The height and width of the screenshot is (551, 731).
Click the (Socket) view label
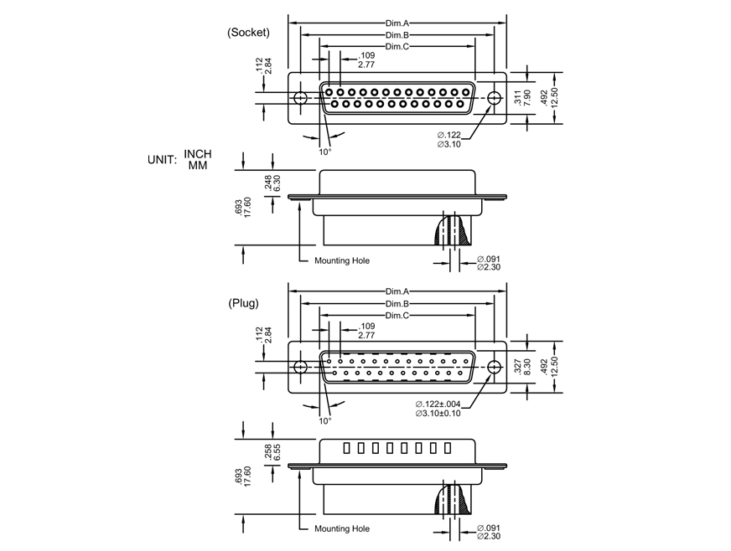(248, 33)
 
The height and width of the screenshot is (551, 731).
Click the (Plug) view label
(243, 303)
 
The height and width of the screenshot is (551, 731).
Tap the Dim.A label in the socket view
(397, 24)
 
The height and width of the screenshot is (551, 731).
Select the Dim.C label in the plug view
(397, 316)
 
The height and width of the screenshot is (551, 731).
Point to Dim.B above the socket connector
(397, 35)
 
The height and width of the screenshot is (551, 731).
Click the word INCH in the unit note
(198, 154)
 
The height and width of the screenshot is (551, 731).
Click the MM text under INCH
(198, 166)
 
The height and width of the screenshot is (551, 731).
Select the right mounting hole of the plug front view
(494, 367)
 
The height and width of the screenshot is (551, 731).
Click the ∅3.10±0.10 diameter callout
(438, 414)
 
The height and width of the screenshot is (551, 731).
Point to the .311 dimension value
(518, 97)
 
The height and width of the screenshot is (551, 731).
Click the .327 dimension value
(518, 366)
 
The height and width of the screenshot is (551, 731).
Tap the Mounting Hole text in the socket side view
(342, 260)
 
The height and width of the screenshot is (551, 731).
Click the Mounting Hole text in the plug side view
(342, 528)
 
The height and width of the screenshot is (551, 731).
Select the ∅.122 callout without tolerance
(449, 135)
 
